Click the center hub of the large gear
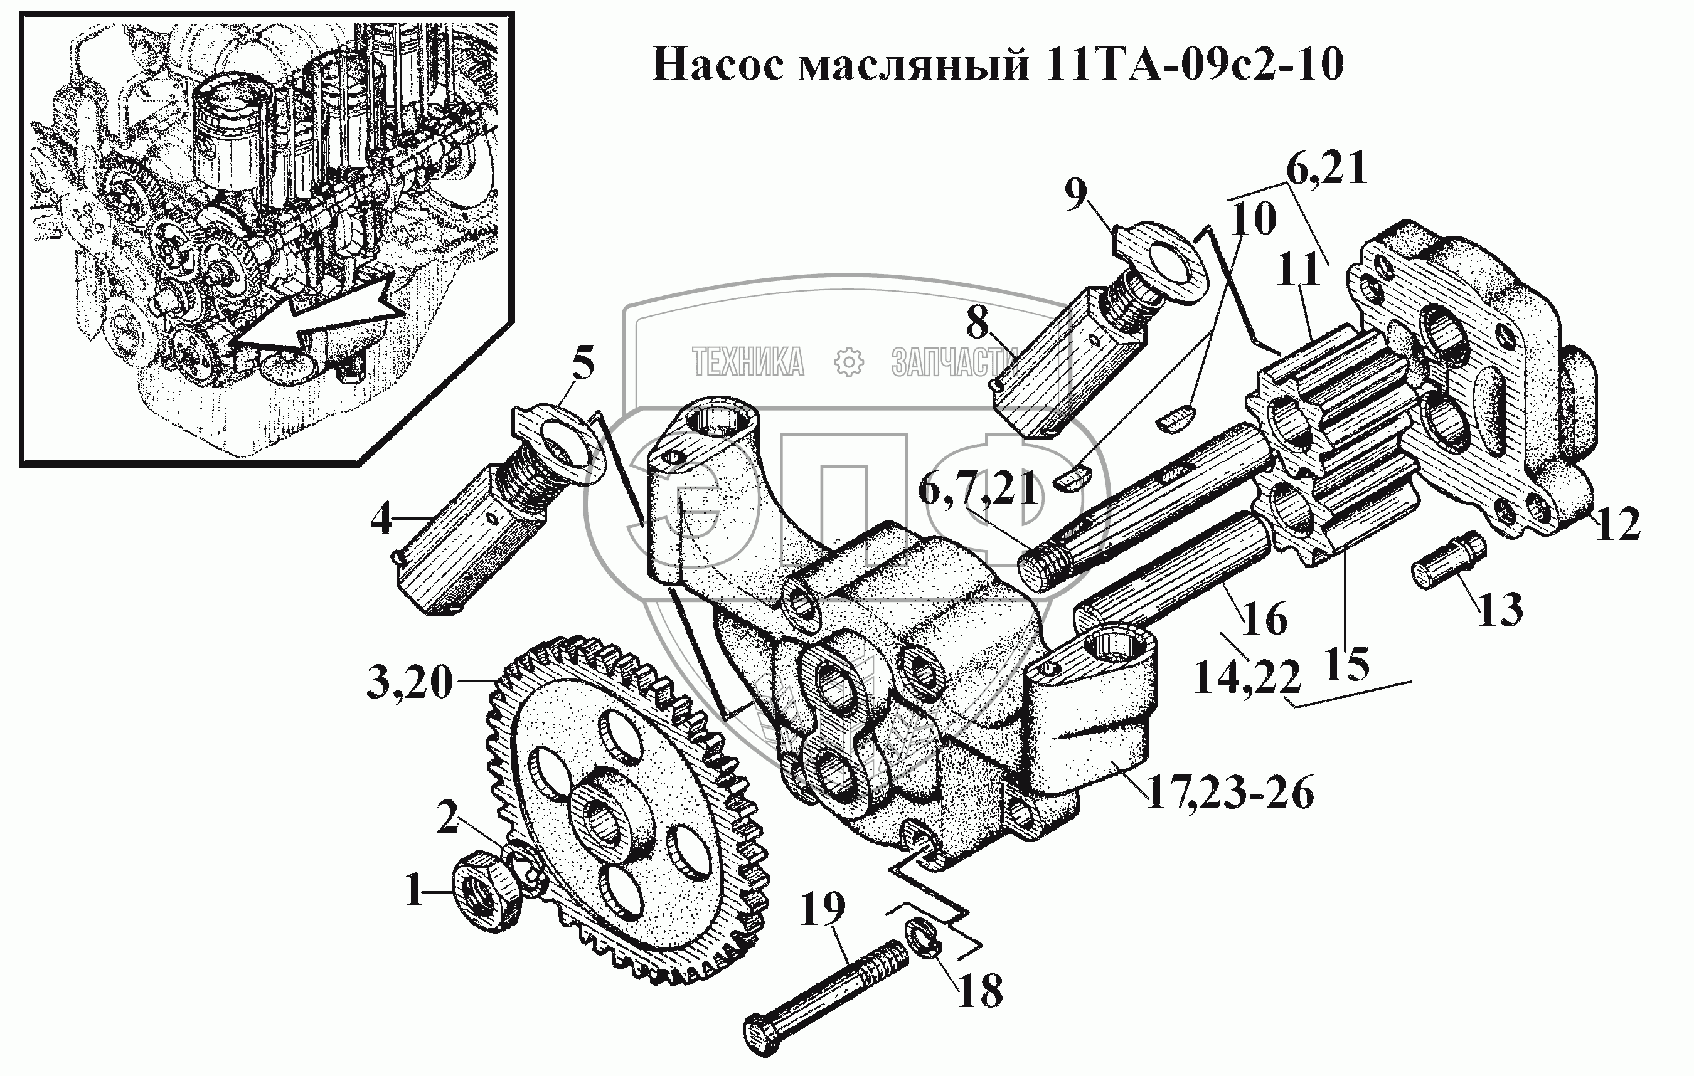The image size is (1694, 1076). pos(604,815)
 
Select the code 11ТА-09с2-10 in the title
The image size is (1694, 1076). pos(1193,65)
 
